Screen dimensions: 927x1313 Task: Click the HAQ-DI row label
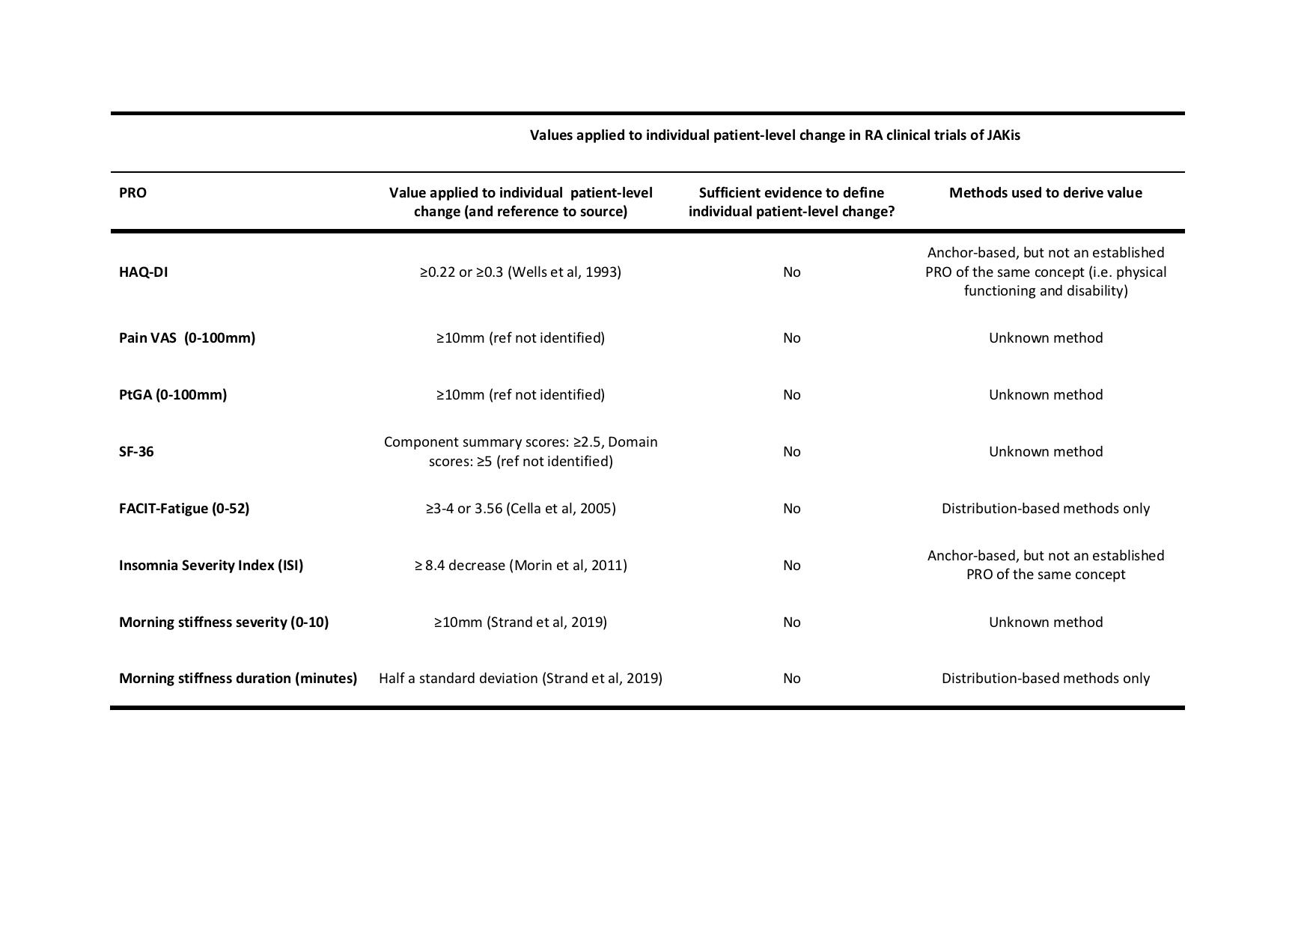point(143,272)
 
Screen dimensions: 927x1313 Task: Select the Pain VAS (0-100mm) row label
point(186,338)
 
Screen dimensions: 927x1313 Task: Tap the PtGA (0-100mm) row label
point(172,395)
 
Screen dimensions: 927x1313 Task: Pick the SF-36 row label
point(136,452)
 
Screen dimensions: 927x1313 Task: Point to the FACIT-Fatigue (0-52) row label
point(183,509)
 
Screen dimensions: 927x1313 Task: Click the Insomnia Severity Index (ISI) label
point(210,566)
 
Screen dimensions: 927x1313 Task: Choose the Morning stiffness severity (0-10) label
point(223,622)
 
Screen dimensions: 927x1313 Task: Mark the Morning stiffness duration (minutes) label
point(237,679)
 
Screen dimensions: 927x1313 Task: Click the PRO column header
point(132,193)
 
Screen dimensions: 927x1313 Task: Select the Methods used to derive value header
point(1045,193)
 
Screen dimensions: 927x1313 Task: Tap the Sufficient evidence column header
point(791,202)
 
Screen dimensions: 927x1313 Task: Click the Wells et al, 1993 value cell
point(520,272)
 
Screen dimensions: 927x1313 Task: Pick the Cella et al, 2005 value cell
point(520,509)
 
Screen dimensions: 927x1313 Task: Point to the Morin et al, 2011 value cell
point(520,566)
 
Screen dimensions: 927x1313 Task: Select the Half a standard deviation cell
point(520,679)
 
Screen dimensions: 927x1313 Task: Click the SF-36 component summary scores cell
point(520,452)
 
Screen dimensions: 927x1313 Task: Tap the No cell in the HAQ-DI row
point(791,272)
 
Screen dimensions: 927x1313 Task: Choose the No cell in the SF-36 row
point(791,452)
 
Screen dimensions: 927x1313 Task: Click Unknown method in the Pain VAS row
point(1045,338)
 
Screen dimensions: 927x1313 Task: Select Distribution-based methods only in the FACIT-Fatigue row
point(1045,509)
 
